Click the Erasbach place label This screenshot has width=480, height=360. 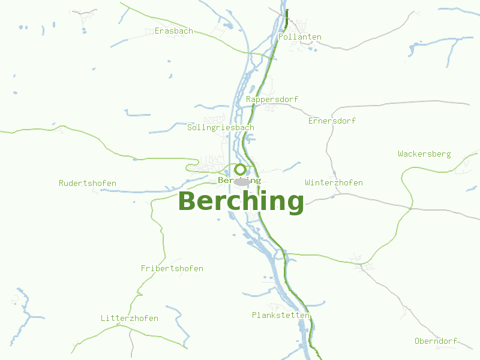(x=174, y=31)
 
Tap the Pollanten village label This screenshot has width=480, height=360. (x=300, y=37)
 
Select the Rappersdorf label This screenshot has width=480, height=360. (x=272, y=99)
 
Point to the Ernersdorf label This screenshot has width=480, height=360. (x=332, y=121)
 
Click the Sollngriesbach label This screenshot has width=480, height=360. (x=221, y=128)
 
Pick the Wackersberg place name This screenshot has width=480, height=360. (x=424, y=154)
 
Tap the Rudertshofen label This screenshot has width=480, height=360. (x=88, y=183)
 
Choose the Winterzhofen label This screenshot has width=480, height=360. (x=334, y=182)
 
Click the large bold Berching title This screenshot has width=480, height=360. (x=241, y=201)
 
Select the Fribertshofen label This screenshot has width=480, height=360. (x=172, y=268)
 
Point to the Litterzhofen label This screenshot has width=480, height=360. (x=130, y=318)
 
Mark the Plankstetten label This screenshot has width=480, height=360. (x=280, y=315)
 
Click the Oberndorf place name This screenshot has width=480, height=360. (x=436, y=341)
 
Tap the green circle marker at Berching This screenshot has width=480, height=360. (x=240, y=169)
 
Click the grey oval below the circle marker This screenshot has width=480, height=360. (x=241, y=182)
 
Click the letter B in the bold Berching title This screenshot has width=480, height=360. (x=188, y=202)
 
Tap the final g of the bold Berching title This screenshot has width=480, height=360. (x=295, y=203)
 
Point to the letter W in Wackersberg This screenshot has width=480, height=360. (x=401, y=154)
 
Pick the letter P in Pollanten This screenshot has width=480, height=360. (x=281, y=37)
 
